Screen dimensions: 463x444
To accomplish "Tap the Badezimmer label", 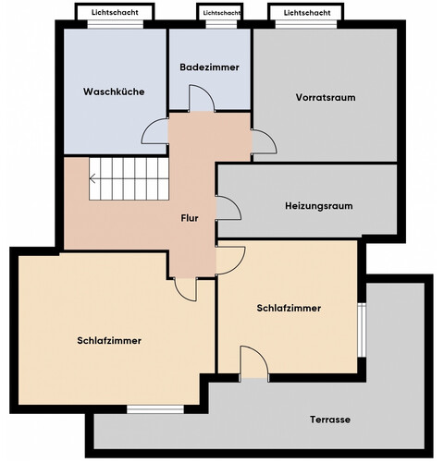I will pos(210,67).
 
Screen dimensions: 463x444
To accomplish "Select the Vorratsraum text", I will pos(326,97).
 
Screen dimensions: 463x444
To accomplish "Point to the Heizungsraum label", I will pos(319,205).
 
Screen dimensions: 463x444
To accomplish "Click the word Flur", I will pos(191,218).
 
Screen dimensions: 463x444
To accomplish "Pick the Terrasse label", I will pos(329,420).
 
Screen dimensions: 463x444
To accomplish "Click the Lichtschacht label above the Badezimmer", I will pos(222,14).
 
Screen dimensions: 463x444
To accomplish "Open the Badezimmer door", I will pos(201,98).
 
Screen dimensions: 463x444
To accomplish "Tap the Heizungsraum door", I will pos(227,208).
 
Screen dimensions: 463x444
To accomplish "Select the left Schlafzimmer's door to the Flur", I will pos(185,288).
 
